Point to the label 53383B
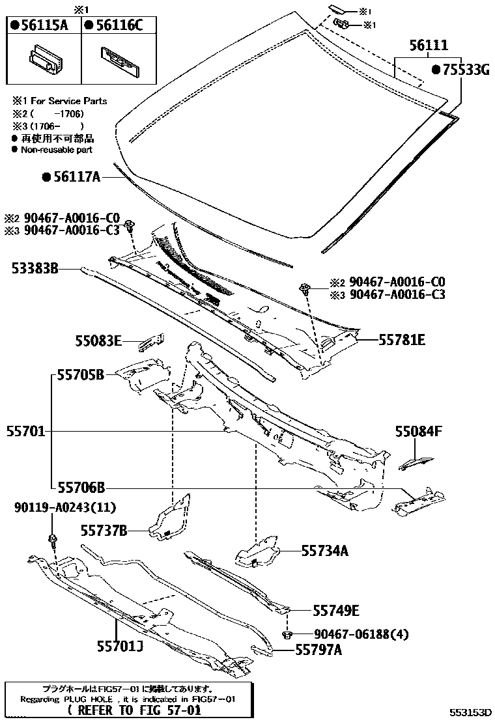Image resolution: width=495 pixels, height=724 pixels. point(35,268)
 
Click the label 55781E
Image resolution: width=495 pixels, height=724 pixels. point(402,339)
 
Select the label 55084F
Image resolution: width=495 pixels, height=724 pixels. point(418,430)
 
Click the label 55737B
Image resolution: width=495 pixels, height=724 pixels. point(104,530)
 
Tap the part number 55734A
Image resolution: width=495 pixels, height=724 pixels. point(324,551)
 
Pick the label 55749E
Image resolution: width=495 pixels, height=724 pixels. point(336,611)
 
